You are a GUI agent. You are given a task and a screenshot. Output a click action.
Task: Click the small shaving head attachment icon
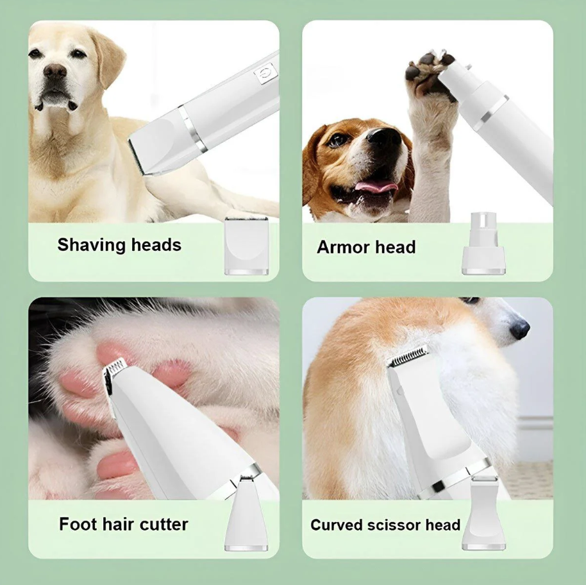[247, 246]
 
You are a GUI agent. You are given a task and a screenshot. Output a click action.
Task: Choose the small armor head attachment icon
[483, 244]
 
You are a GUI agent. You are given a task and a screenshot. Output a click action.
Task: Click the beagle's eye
[338, 139]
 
